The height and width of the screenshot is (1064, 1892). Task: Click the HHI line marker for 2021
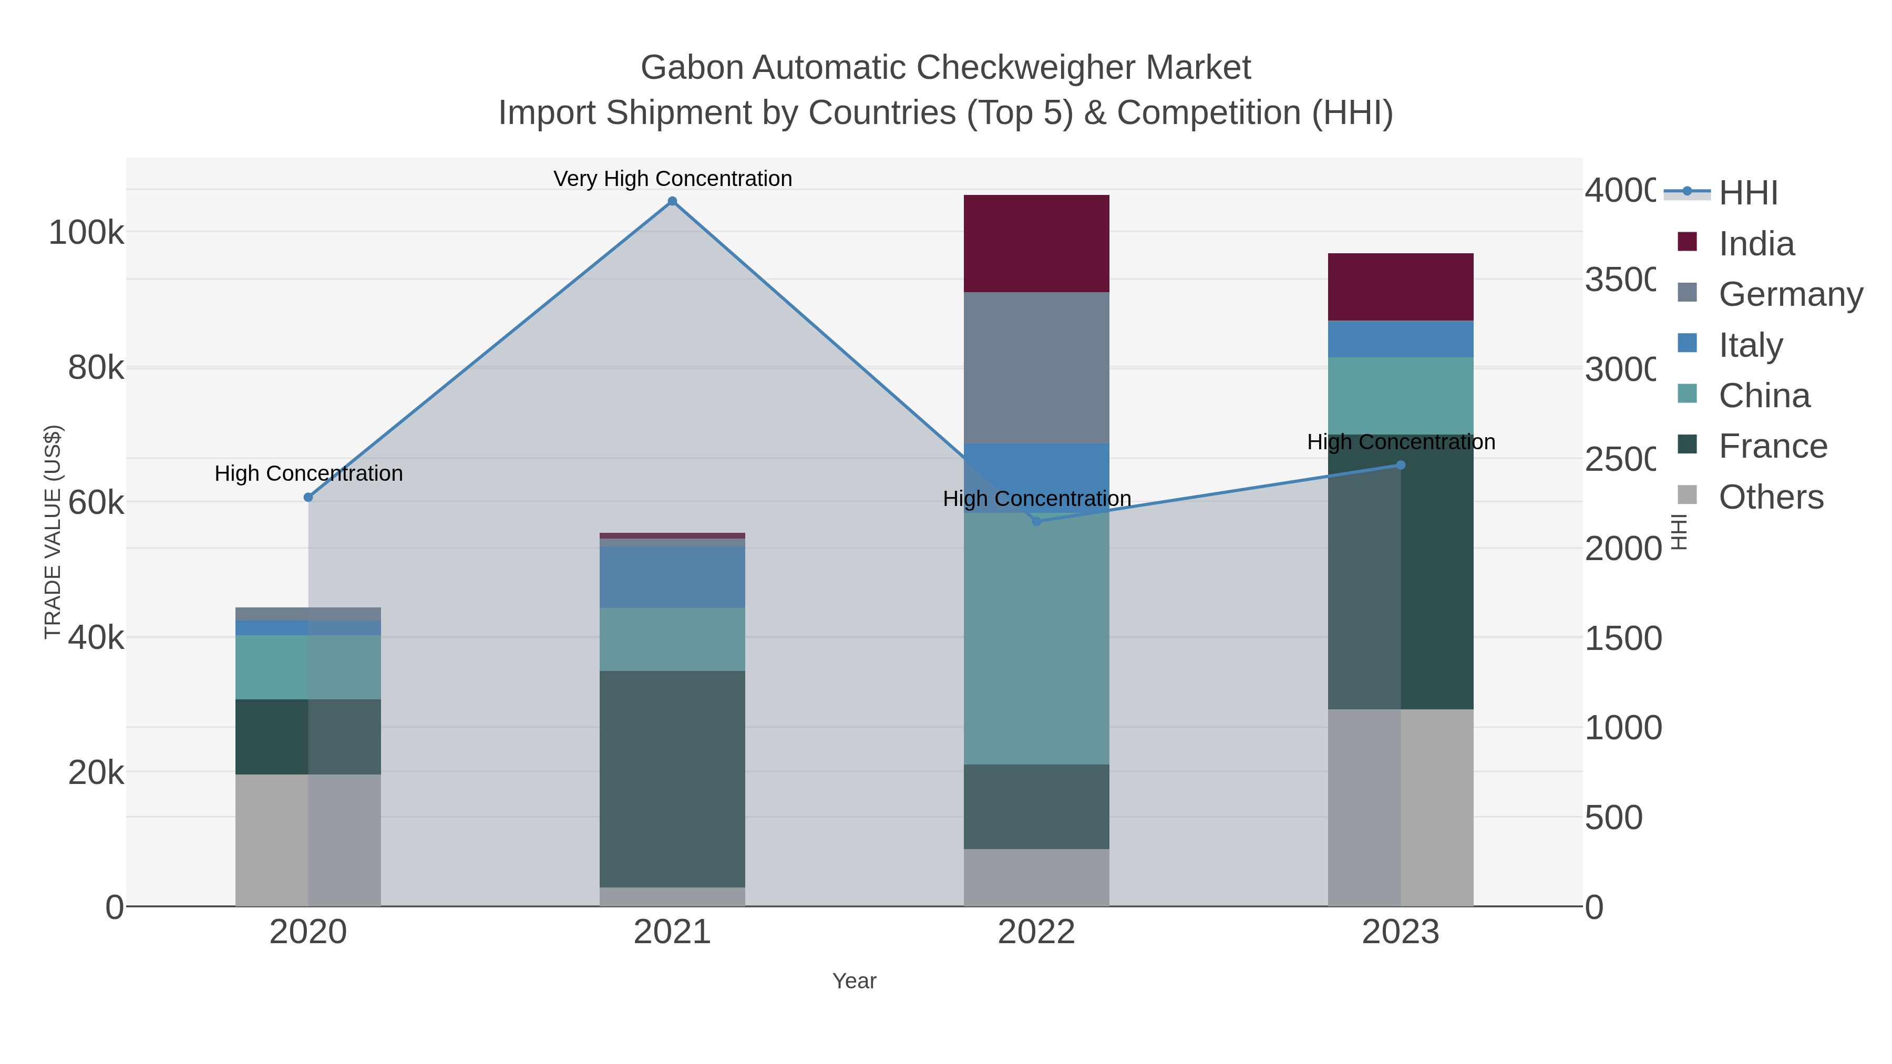click(x=672, y=201)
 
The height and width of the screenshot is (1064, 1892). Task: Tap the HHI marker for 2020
click(x=309, y=497)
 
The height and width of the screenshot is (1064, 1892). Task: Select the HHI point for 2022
click(x=1036, y=521)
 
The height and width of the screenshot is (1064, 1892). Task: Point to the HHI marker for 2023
click(x=1401, y=465)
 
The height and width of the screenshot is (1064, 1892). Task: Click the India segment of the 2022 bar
click(x=1036, y=244)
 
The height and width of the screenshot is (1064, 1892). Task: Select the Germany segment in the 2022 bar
click(x=1036, y=367)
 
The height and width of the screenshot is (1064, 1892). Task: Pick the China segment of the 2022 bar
click(x=1036, y=639)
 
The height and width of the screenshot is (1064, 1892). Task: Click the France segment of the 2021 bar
click(x=672, y=778)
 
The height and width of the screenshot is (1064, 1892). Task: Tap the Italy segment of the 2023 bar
click(x=1401, y=339)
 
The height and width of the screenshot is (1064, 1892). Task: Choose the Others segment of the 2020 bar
click(x=309, y=840)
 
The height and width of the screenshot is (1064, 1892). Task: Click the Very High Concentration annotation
click(x=672, y=179)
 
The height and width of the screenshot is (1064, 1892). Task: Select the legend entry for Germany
click(x=1790, y=294)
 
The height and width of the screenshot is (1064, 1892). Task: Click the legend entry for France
click(x=1772, y=447)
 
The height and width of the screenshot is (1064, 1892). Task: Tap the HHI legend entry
click(x=1748, y=193)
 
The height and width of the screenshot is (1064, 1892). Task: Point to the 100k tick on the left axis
click(x=86, y=233)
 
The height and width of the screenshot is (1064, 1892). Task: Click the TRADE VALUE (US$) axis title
click(x=53, y=532)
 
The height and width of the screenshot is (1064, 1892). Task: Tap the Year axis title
click(x=854, y=981)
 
